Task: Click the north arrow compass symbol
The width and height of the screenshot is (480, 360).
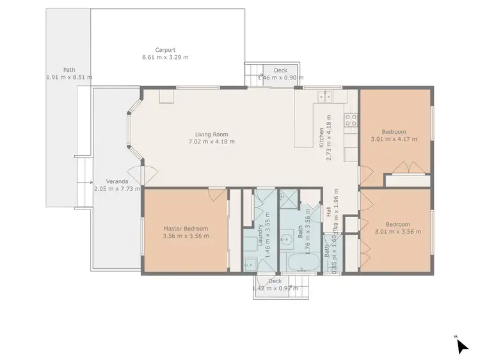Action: click(x=461, y=345)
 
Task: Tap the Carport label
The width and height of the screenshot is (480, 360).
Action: click(x=165, y=49)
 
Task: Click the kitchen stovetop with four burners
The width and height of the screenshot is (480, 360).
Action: click(x=350, y=119)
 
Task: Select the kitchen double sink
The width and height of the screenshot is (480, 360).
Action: click(x=324, y=97)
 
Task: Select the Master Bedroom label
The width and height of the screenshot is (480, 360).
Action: click(x=186, y=229)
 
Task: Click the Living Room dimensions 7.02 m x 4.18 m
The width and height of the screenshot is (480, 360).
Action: click(x=211, y=142)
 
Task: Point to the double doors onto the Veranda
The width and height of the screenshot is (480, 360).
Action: click(x=141, y=173)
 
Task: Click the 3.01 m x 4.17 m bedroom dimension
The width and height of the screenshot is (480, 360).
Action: click(x=395, y=139)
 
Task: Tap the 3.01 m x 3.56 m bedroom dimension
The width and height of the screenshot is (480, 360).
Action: click(x=397, y=232)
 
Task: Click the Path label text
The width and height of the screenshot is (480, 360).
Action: click(x=69, y=70)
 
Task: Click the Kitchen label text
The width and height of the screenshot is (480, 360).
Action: click(x=322, y=138)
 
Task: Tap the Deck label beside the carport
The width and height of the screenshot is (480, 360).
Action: click(x=280, y=70)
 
